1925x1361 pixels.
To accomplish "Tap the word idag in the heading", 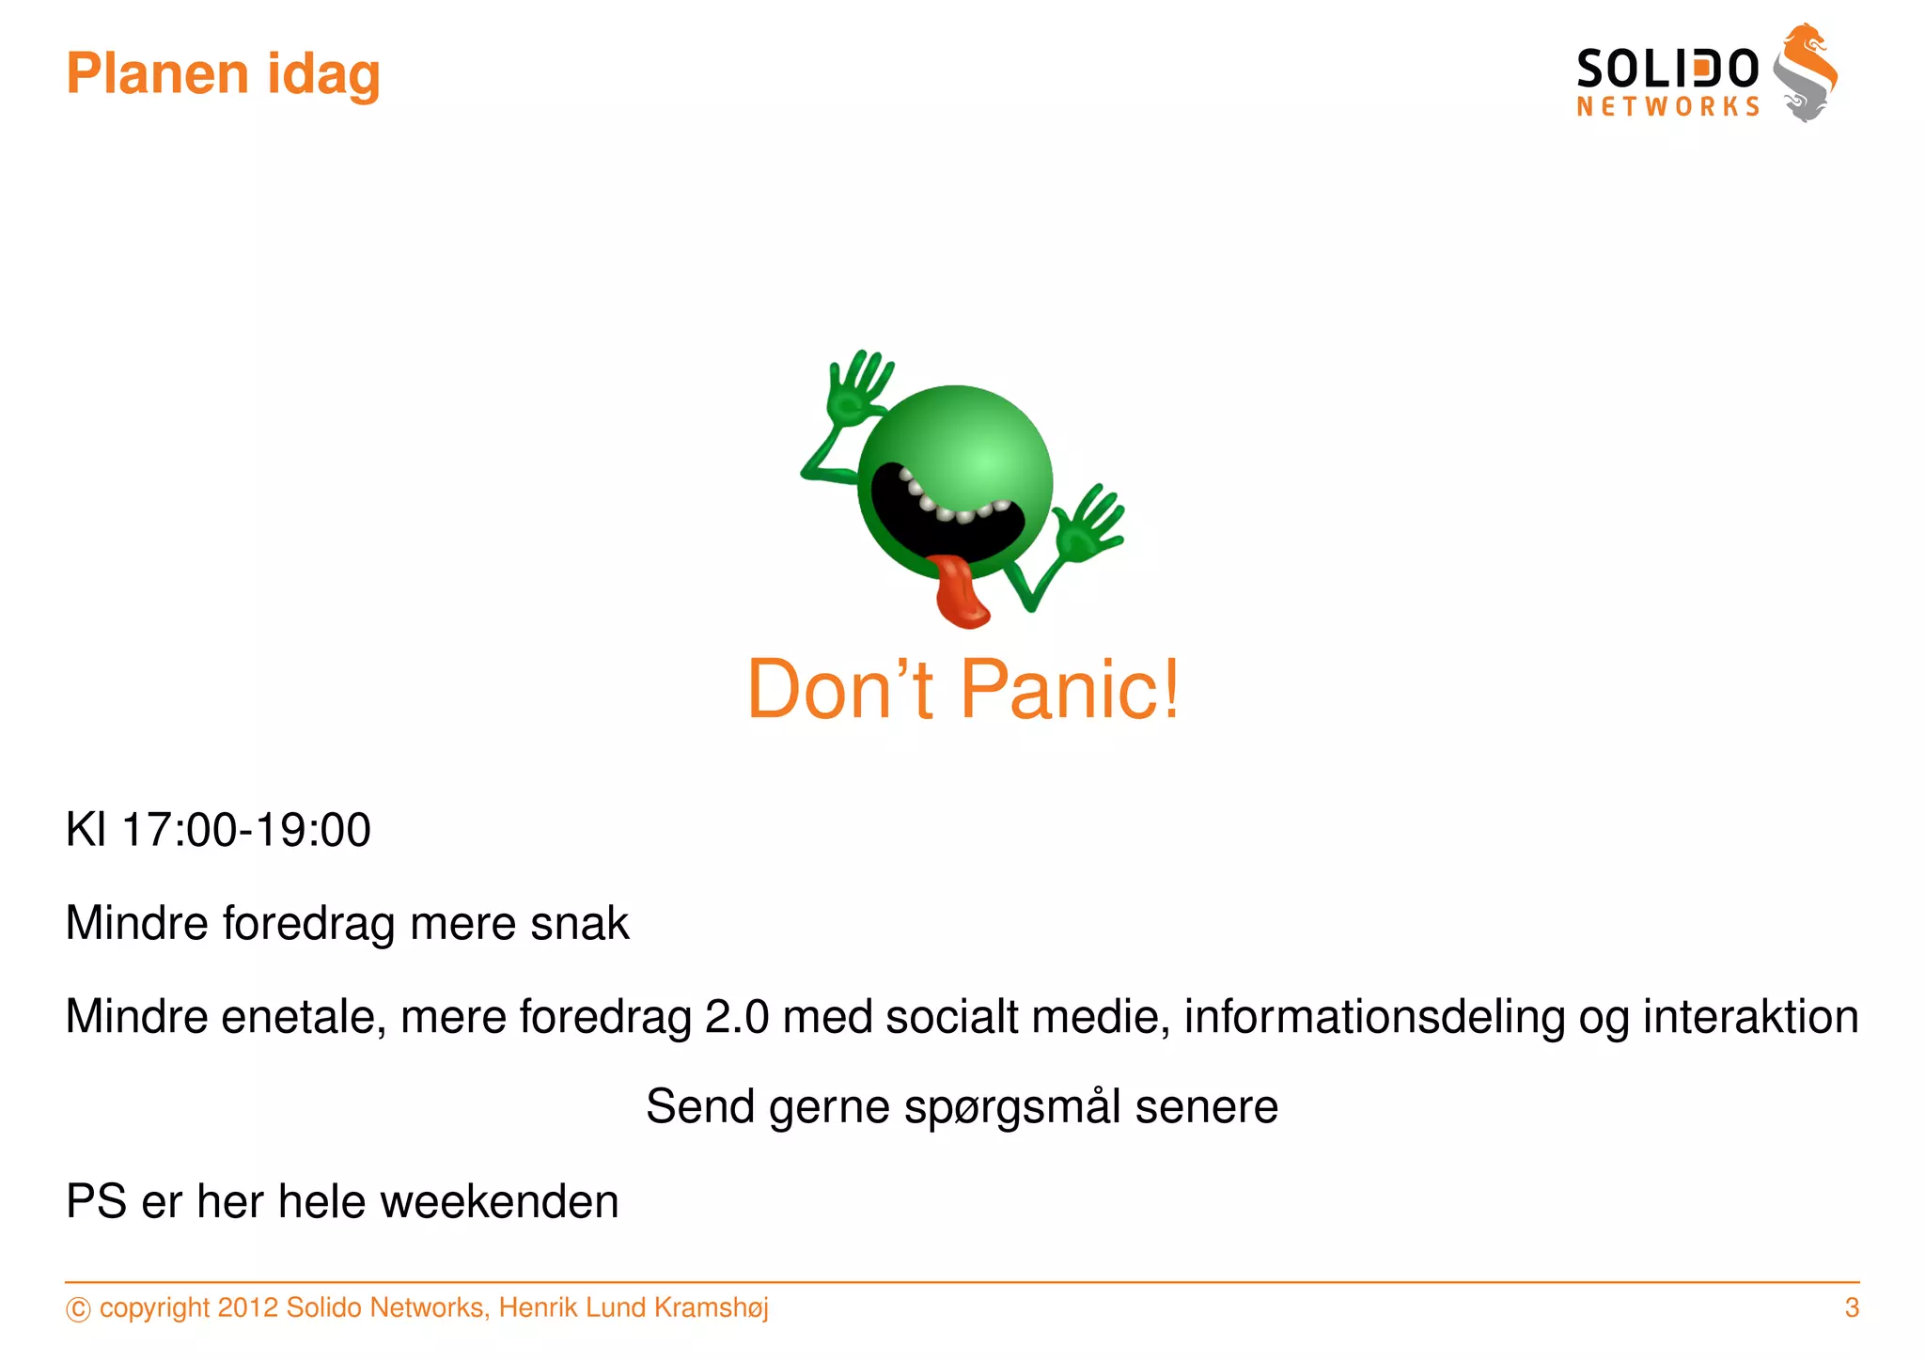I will point(323,75).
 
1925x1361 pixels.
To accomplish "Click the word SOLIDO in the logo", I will point(1667,70).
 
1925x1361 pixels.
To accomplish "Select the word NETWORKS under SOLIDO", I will point(1667,106).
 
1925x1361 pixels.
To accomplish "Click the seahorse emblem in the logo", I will point(1806,73).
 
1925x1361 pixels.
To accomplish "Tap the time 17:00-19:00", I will point(246,830).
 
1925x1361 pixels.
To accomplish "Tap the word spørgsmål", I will point(1011,1107).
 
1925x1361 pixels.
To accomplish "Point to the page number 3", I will point(1851,1307).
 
